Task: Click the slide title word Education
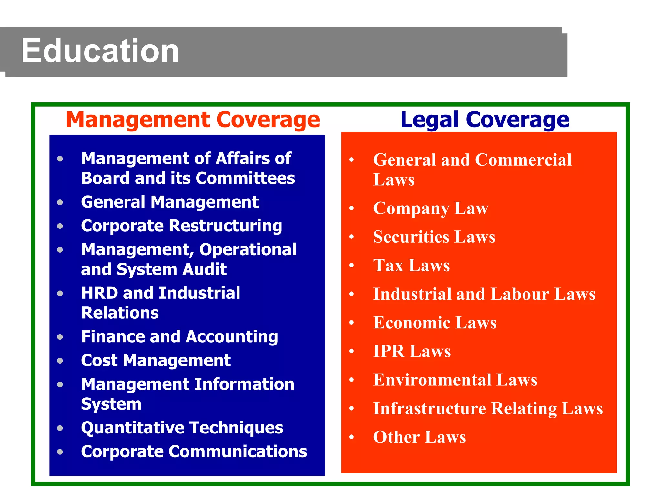point(100,51)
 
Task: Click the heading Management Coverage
point(193,120)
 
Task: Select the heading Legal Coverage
point(484,120)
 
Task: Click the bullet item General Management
point(170,202)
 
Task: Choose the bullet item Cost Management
point(156,360)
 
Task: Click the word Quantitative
point(133,428)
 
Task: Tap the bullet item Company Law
point(431,209)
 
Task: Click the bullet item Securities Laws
point(434,237)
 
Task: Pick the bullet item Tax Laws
point(411,266)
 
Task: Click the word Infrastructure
point(430,409)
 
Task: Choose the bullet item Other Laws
point(420,437)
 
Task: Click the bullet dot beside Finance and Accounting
point(60,337)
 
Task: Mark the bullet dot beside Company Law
point(351,208)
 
